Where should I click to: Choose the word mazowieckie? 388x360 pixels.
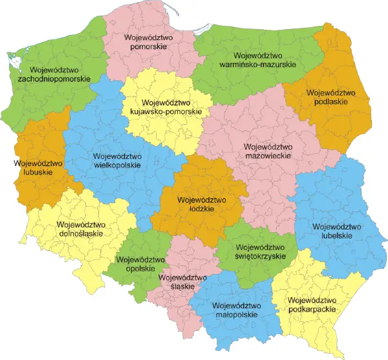[x=270, y=156]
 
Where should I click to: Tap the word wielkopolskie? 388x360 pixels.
[x=117, y=165]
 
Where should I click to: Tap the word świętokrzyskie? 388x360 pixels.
[x=261, y=256]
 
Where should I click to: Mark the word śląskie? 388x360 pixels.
[x=182, y=288]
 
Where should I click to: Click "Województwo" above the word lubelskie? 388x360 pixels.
[x=336, y=227]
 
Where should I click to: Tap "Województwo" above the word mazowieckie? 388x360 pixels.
[x=270, y=147]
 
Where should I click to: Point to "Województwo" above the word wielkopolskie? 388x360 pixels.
[x=117, y=156]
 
